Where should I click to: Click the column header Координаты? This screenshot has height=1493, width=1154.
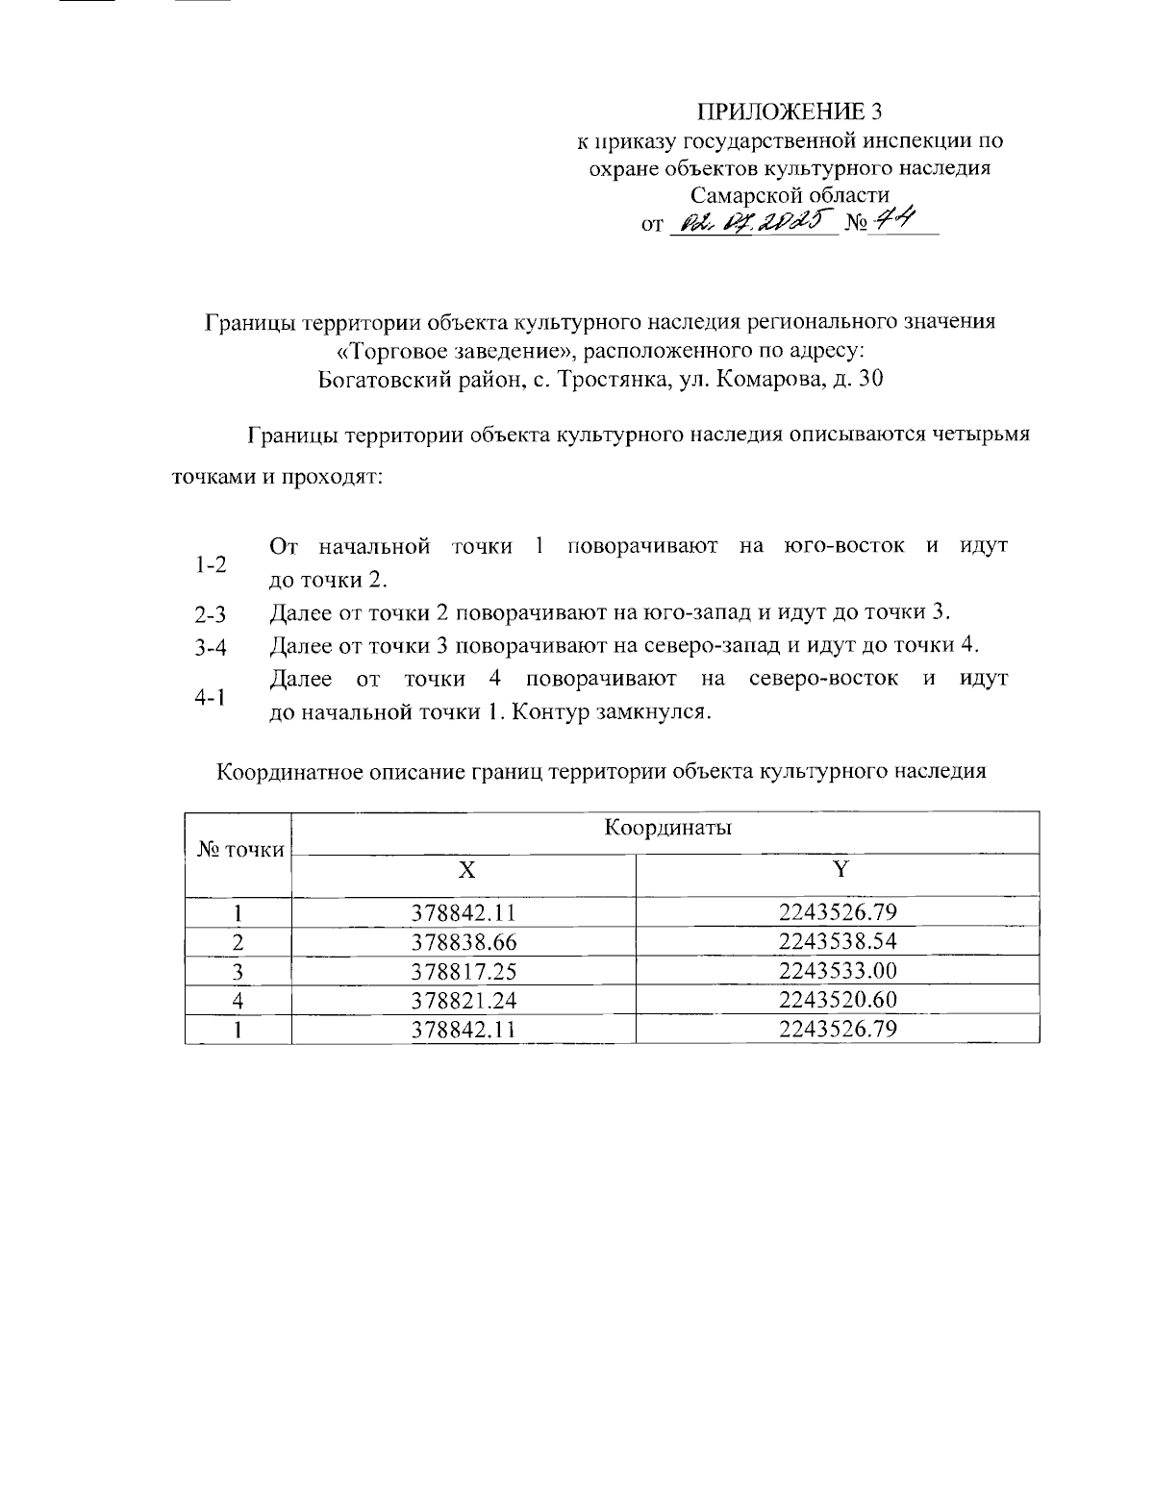(x=667, y=829)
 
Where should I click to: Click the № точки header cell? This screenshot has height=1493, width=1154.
(x=240, y=850)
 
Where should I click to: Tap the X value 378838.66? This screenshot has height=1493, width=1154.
(x=464, y=942)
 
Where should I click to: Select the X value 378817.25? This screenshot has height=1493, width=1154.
(x=464, y=971)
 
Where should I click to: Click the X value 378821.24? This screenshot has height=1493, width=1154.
(x=464, y=1001)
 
